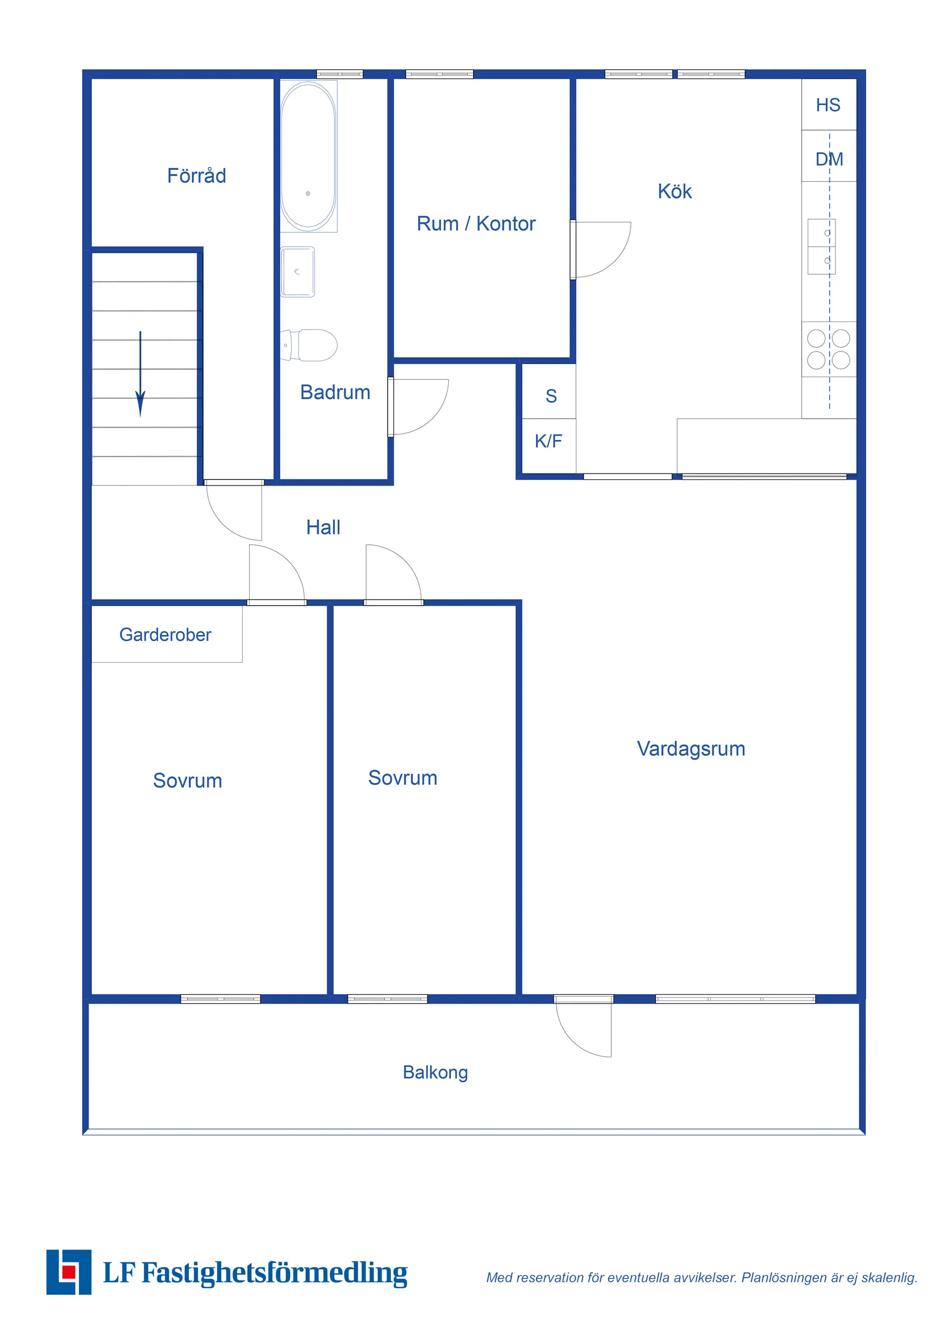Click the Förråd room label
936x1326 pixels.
coord(196,175)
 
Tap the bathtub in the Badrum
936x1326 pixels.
coord(308,156)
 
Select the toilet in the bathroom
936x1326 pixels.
coord(311,345)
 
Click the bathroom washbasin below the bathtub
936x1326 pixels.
coord(297,271)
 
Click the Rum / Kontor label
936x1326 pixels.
coord(475,224)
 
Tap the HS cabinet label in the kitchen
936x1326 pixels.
coord(828,105)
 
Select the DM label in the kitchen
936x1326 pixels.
coord(829,159)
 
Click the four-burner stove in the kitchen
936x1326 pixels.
coord(828,349)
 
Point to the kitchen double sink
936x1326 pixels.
coord(821,246)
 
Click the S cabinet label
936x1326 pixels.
coord(551,396)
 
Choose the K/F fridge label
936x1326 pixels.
coord(547,441)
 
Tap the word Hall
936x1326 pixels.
coord(323,528)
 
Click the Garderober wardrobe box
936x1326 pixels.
coord(166,634)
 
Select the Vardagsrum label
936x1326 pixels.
coord(691,748)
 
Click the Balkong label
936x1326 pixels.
coord(435,1073)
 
